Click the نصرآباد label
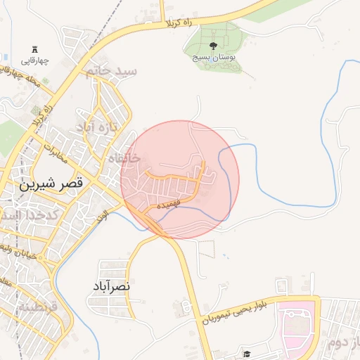coord(111,287)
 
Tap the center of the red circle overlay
coord(180,180)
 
